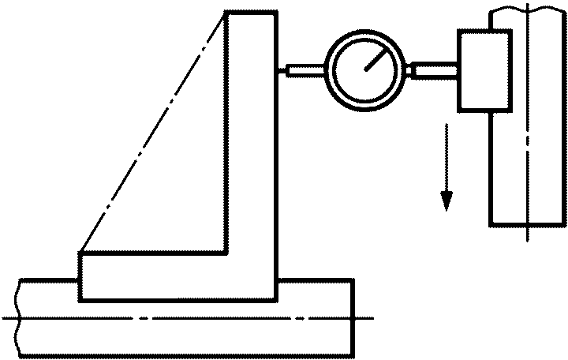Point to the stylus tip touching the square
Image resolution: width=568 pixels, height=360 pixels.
click(x=282, y=71)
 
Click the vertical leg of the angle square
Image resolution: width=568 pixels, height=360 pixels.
click(x=251, y=134)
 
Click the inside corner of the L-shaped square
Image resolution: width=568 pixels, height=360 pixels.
click(x=226, y=253)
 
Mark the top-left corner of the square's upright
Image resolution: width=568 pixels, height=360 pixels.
click(x=226, y=12)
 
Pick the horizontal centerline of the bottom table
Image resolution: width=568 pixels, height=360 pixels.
click(x=189, y=318)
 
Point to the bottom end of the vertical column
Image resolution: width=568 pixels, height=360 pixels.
click(x=527, y=223)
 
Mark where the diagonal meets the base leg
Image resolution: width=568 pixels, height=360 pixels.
click(x=80, y=253)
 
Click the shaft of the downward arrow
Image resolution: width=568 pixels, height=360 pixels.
click(x=447, y=158)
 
